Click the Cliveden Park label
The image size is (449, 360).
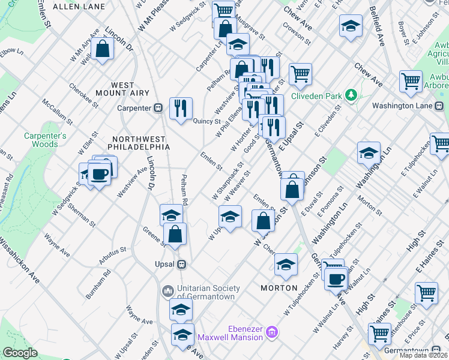[x=316, y=95]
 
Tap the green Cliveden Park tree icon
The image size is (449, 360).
[x=351, y=95]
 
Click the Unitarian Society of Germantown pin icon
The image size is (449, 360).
[x=168, y=291]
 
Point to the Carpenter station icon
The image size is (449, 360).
[x=158, y=108]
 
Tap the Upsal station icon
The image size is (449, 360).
[x=181, y=264]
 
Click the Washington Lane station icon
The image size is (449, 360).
[x=441, y=106]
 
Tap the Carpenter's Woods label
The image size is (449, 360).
[x=45, y=139]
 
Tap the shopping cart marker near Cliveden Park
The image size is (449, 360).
[x=300, y=74]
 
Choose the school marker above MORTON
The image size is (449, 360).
[x=286, y=264]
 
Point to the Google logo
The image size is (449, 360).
[x=20, y=353]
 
